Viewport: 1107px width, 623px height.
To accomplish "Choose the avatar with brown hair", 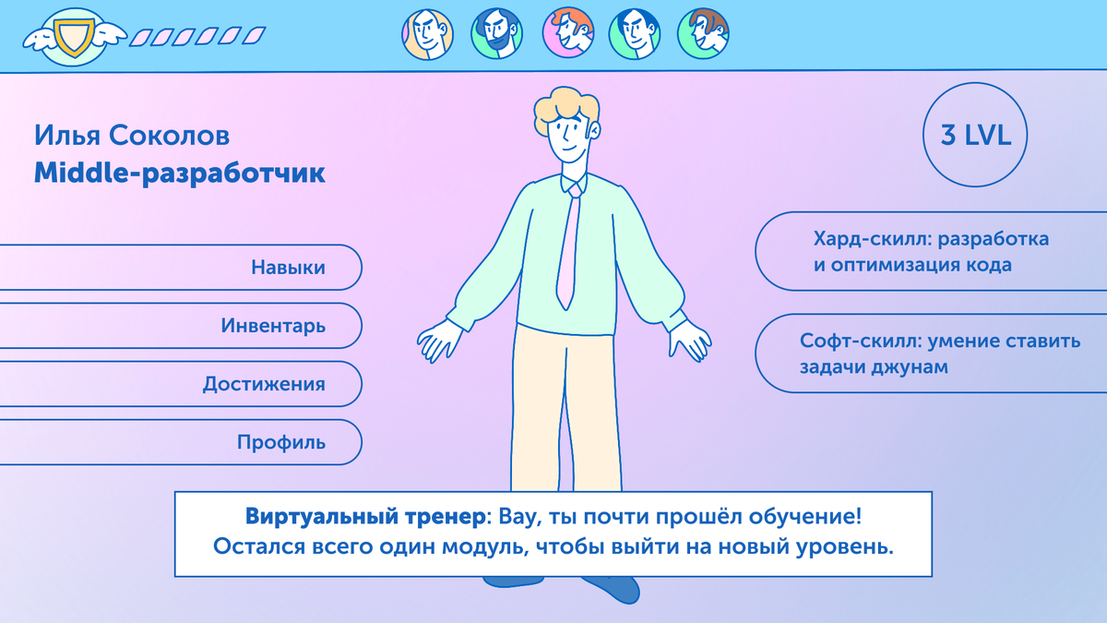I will (704, 34).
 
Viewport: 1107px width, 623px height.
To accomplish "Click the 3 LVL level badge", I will (975, 137).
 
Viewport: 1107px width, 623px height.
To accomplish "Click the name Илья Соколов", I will (132, 136).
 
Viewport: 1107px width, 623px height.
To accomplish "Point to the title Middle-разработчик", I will (180, 173).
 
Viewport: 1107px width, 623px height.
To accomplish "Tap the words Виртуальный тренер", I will (364, 515).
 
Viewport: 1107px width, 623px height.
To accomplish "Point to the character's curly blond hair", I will (565, 106).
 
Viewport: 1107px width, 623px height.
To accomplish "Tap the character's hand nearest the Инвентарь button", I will (440, 341).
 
